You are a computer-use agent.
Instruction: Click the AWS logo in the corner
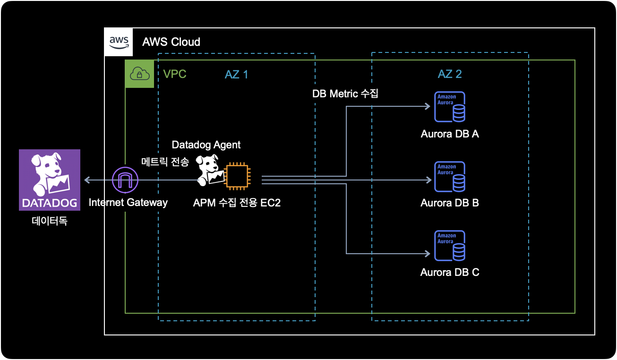[x=119, y=42]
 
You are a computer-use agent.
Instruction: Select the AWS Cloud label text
[x=171, y=42]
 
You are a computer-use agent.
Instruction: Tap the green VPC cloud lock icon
[x=139, y=74]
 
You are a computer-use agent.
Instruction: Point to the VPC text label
[x=174, y=74]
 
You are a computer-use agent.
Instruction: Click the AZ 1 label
[x=236, y=74]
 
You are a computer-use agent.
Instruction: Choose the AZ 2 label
[x=450, y=74]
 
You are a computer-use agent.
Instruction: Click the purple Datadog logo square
[x=50, y=180]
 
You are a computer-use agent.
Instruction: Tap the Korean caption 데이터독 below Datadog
[x=50, y=221]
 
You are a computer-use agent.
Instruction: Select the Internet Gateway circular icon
[x=126, y=180]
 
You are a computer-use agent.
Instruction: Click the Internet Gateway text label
[x=128, y=203]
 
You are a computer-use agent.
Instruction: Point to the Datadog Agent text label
[x=206, y=145]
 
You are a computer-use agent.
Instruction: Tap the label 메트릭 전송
[x=165, y=162]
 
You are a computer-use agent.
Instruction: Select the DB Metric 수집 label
[x=345, y=94]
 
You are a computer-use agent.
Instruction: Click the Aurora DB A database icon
[x=450, y=107]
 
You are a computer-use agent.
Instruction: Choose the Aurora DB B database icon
[x=450, y=177]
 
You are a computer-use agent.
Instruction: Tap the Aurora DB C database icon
[x=450, y=246]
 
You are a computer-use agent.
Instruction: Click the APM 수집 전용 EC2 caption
[x=237, y=203]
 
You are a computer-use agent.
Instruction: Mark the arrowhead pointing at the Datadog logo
[x=86, y=180]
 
